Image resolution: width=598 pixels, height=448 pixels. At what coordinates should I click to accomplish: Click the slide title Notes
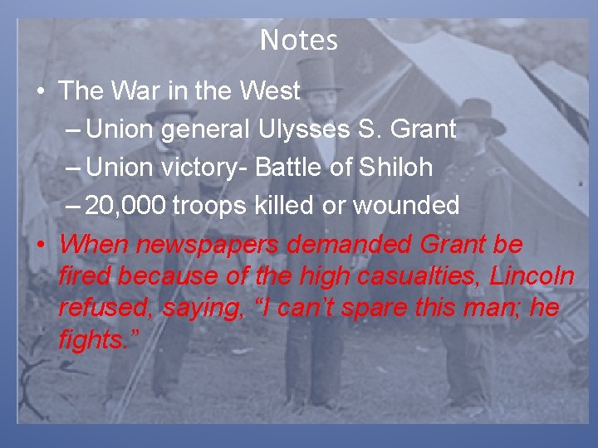point(299,40)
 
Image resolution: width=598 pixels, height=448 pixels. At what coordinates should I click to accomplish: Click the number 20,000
point(126,206)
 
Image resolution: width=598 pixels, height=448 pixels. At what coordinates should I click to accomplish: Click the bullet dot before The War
point(41,92)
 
